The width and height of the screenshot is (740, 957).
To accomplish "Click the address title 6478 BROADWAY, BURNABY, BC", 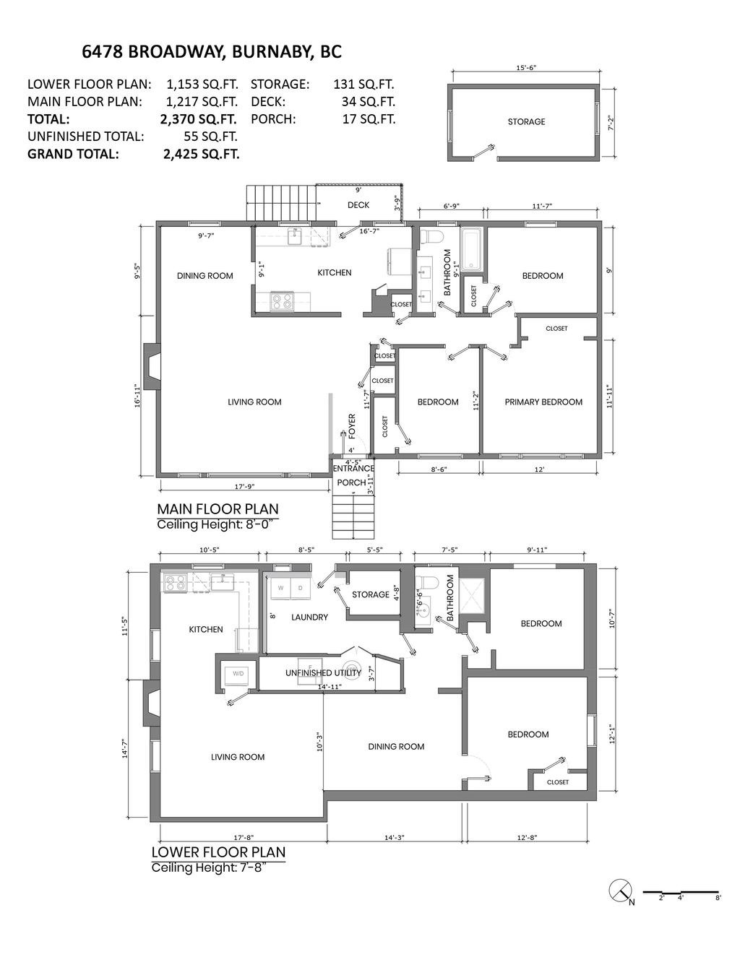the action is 212,52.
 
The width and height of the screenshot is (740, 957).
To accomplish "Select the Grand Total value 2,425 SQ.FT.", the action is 202,154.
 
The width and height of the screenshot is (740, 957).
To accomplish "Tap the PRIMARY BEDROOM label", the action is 543,402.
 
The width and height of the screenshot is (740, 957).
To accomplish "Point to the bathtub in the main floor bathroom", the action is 472,249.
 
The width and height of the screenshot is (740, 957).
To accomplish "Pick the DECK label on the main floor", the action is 358,205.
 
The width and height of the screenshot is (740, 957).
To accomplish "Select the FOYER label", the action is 352,426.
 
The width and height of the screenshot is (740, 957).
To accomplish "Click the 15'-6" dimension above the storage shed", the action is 526,68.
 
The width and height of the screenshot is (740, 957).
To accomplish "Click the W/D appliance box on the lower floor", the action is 238,674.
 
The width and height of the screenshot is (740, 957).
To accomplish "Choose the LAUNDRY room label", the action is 309,618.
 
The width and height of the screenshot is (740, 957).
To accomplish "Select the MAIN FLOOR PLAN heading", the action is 218,509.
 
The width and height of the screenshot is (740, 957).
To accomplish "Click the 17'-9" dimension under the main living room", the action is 245,486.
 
